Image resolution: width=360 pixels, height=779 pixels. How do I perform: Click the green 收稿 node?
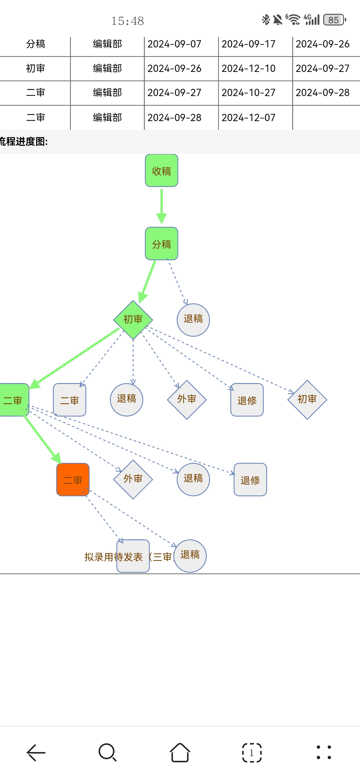point(161,171)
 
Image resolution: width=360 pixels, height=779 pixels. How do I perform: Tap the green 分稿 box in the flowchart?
point(161,244)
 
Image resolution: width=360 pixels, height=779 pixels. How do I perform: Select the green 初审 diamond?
point(133,320)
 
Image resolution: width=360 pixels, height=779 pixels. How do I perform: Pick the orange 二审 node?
point(73,480)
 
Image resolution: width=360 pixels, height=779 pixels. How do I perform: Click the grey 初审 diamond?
point(307,399)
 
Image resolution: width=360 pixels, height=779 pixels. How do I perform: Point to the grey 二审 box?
point(69,400)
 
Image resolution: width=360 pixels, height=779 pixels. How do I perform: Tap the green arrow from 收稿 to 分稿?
point(162,206)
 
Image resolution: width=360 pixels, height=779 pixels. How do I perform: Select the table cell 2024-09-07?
point(174,44)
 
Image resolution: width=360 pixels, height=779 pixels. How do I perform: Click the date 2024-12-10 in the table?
point(248,69)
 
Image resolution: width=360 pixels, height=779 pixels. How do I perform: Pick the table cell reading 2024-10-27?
point(248,93)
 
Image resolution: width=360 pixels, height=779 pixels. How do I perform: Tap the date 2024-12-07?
point(248,118)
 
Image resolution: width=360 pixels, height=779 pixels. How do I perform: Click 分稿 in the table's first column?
point(36,44)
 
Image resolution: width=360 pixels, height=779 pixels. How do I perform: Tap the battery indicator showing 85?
point(334,20)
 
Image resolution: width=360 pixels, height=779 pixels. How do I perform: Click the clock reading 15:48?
point(128,21)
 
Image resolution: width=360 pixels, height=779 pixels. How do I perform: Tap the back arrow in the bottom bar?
point(36,753)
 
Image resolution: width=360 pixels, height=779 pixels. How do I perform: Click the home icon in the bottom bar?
point(180,753)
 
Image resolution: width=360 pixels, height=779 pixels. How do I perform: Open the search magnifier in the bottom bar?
point(107,753)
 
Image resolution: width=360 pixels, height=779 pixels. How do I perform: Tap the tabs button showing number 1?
point(252,753)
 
